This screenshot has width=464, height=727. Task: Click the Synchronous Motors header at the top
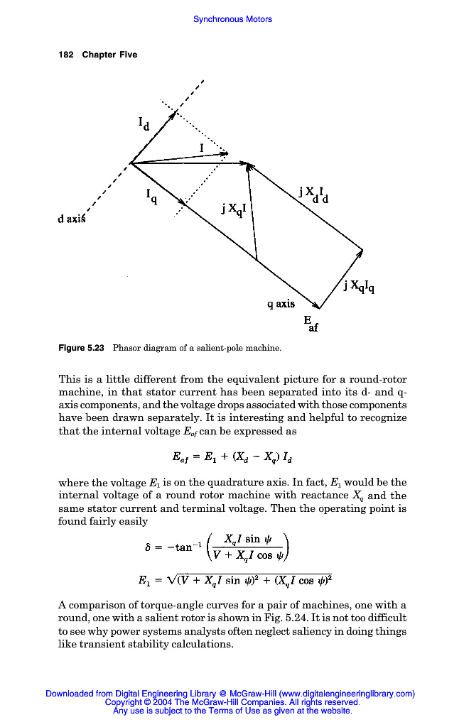click(232, 19)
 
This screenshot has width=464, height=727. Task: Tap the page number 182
click(66, 55)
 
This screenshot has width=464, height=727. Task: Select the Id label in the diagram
click(144, 124)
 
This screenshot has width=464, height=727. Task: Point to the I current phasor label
click(202, 148)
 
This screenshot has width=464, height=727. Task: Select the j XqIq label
click(359, 286)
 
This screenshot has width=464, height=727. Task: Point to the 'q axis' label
click(281, 304)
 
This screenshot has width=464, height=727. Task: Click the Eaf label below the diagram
click(311, 324)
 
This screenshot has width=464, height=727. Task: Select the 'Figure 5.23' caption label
click(81, 348)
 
